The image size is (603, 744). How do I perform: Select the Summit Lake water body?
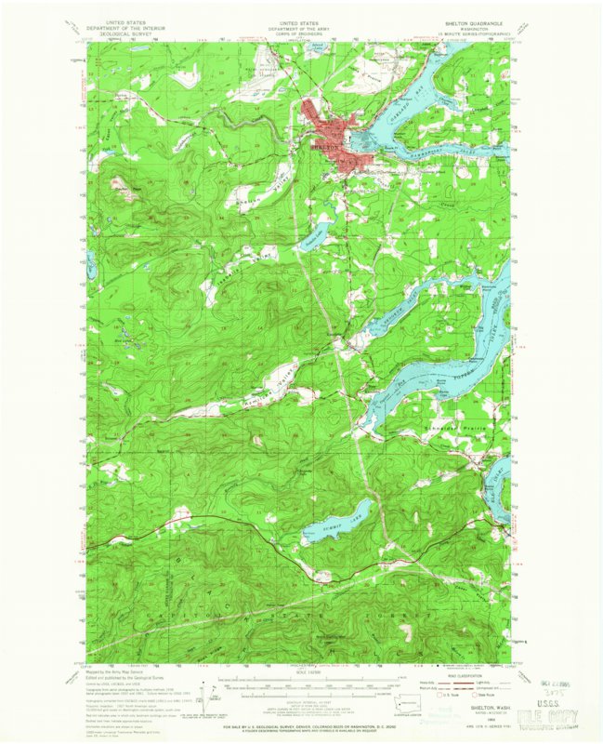340,521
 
